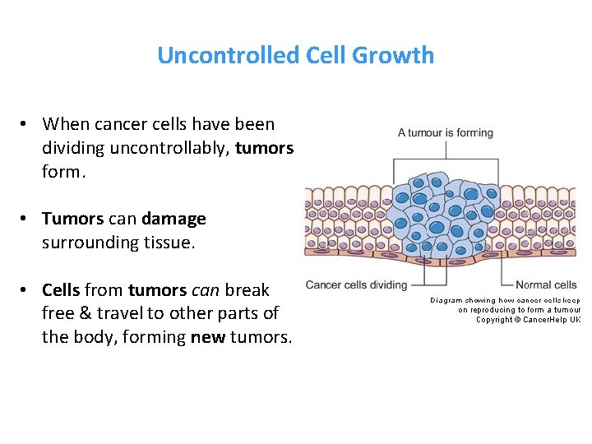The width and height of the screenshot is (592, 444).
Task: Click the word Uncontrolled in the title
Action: click(x=229, y=56)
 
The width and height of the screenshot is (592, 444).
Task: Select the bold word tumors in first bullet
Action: click(x=264, y=147)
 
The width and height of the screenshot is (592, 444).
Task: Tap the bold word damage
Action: click(x=173, y=219)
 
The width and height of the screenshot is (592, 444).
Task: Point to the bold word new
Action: click(x=208, y=336)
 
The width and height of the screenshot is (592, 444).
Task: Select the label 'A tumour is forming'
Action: click(x=445, y=132)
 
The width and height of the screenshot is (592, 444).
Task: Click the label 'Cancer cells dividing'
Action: click(x=356, y=284)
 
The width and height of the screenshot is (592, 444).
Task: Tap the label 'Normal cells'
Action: click(x=545, y=285)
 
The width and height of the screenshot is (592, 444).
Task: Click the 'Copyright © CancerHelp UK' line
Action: click(x=528, y=320)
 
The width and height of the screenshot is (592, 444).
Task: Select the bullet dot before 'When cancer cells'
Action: click(x=26, y=124)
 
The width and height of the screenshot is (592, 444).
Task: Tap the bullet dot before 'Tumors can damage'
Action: click(x=26, y=220)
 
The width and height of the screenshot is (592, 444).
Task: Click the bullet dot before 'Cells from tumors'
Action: click(x=26, y=290)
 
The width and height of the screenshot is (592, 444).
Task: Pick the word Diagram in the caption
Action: click(x=446, y=300)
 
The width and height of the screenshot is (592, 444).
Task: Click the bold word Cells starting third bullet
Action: click(x=61, y=289)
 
